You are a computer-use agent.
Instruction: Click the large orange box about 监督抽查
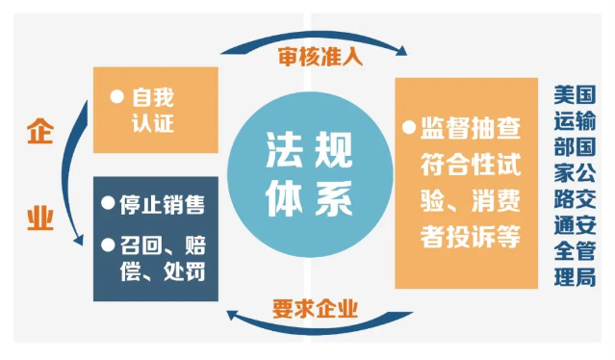tap(465, 182)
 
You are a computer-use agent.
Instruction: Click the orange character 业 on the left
tap(38, 219)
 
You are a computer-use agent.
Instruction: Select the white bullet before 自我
tap(116, 96)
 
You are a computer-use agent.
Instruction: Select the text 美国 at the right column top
tap(575, 97)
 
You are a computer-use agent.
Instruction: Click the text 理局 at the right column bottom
tap(575, 280)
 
